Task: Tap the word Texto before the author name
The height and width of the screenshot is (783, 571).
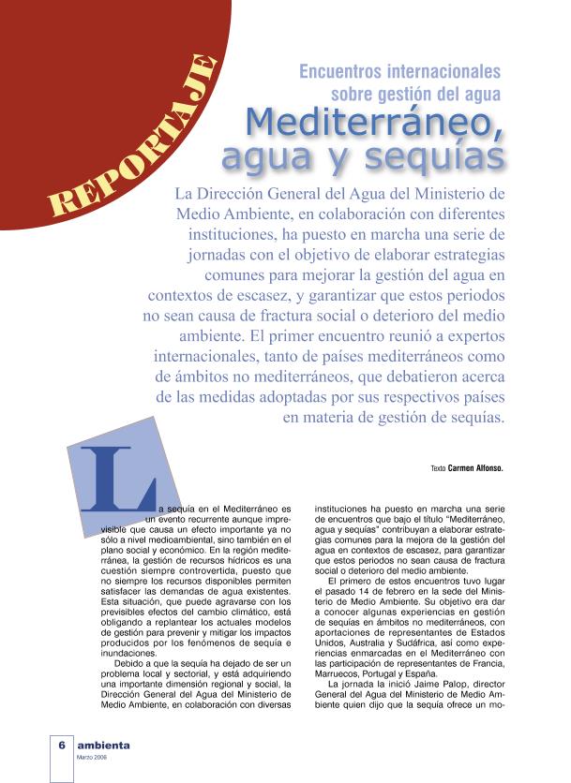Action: coord(438,467)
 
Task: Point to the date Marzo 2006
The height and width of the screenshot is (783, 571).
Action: coord(92,758)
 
